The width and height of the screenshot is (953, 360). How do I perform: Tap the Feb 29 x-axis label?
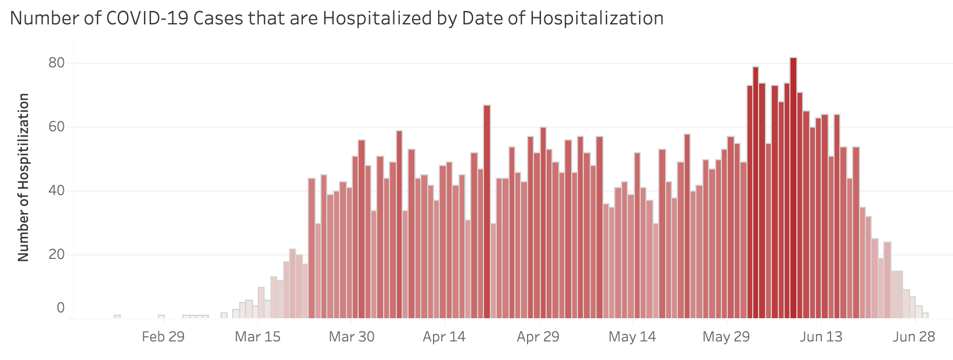163,337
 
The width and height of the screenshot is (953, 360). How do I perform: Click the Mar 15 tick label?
257,337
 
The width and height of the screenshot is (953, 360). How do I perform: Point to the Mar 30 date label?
351,337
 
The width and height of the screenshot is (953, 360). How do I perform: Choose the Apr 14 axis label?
445,337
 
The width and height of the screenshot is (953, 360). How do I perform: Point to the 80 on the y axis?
56,63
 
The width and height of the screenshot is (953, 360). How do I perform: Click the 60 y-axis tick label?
56,127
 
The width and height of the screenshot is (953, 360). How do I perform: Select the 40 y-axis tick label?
56,191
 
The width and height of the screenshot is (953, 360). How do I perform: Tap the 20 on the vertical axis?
56,255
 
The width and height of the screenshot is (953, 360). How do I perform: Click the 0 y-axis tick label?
60,308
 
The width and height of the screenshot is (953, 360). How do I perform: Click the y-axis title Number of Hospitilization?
24,177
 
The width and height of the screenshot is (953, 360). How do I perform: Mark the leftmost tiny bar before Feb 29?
117,316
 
